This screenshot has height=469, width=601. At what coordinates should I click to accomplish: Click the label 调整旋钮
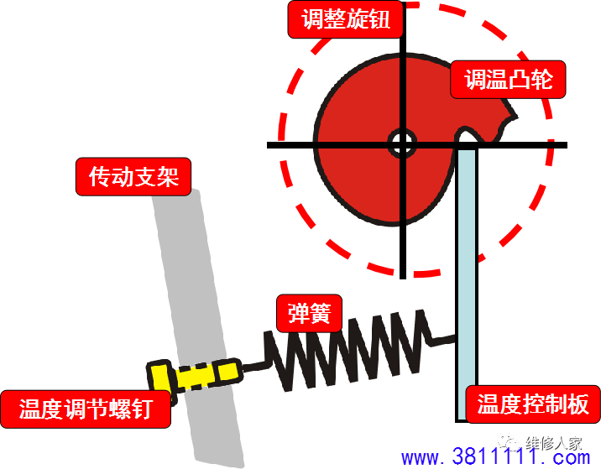tap(345, 19)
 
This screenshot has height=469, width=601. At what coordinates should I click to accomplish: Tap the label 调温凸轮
tap(508, 80)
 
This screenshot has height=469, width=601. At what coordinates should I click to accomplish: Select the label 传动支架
tap(133, 177)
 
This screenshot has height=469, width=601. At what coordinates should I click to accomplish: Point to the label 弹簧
tap(310, 314)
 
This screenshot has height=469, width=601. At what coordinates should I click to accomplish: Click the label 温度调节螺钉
tap(86, 409)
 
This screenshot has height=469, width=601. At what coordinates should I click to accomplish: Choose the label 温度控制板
tap(533, 404)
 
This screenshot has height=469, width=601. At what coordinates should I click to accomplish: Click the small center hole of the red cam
tap(402, 143)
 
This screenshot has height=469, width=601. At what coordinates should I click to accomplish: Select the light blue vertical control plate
tap(467, 284)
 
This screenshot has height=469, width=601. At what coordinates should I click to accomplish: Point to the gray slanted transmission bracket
tap(197, 327)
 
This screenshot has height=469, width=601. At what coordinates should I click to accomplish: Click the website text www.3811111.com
tap(495, 456)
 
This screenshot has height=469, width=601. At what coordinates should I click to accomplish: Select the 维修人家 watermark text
tap(553, 444)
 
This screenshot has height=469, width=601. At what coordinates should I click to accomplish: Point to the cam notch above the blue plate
tap(466, 135)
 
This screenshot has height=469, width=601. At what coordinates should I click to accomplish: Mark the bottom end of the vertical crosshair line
tap(402, 279)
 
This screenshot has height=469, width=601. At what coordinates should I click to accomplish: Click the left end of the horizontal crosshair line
tap(269, 145)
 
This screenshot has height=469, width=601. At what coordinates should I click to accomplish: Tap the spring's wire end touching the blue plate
tap(453, 338)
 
